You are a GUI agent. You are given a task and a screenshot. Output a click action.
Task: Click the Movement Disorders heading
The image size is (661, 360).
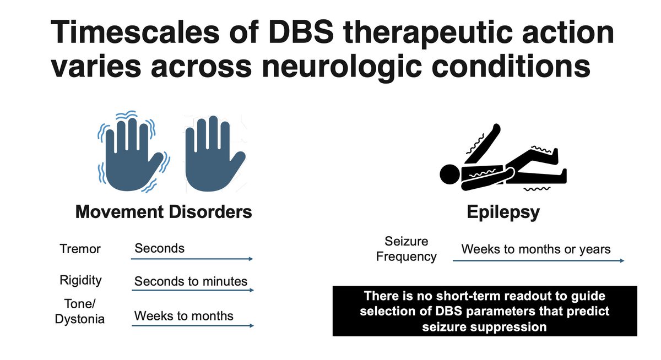coord(164,212)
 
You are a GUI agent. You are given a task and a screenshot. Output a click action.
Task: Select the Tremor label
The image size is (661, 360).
coord(80,249)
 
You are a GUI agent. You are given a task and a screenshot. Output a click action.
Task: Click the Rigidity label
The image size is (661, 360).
coord(80,280)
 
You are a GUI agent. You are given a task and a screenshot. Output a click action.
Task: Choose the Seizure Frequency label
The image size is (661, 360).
coord(407,249)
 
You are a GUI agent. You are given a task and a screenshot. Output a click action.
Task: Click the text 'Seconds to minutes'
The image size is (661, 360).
coord(191,281)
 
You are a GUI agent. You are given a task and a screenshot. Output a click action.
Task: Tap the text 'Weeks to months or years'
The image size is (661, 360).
coord(535,249)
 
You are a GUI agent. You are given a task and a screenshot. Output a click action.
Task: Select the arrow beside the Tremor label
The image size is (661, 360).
coord(193,259)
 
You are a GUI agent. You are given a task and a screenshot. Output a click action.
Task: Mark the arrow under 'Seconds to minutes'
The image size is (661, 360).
coord(193,291)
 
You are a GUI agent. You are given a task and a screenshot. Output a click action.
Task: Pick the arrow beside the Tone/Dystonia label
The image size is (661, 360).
coord(193,325)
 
